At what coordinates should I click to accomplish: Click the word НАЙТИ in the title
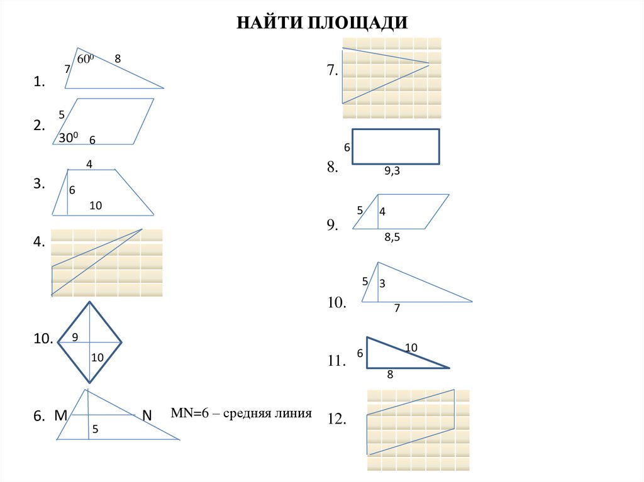coord(270,23)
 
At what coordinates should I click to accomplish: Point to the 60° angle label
coord(85,59)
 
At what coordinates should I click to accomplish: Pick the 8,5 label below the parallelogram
coord(392,237)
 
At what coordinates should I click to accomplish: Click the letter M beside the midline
coord(61,415)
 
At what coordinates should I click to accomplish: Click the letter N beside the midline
coord(147,415)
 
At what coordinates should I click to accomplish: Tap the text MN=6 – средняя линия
coord(241,414)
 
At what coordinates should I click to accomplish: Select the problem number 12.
coord(337,420)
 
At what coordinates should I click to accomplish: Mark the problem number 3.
coord(39,184)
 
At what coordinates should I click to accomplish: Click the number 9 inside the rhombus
coord(75,337)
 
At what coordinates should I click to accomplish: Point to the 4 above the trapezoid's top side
coord(89,165)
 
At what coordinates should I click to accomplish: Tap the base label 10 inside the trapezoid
coord(96,205)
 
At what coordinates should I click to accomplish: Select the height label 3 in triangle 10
coord(382,284)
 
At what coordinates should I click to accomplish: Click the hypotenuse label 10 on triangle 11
coord(411,348)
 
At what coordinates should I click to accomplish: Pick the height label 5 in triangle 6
coord(95,430)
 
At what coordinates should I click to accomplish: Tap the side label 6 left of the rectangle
coord(346,148)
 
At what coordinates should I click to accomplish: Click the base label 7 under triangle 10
coord(397,308)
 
